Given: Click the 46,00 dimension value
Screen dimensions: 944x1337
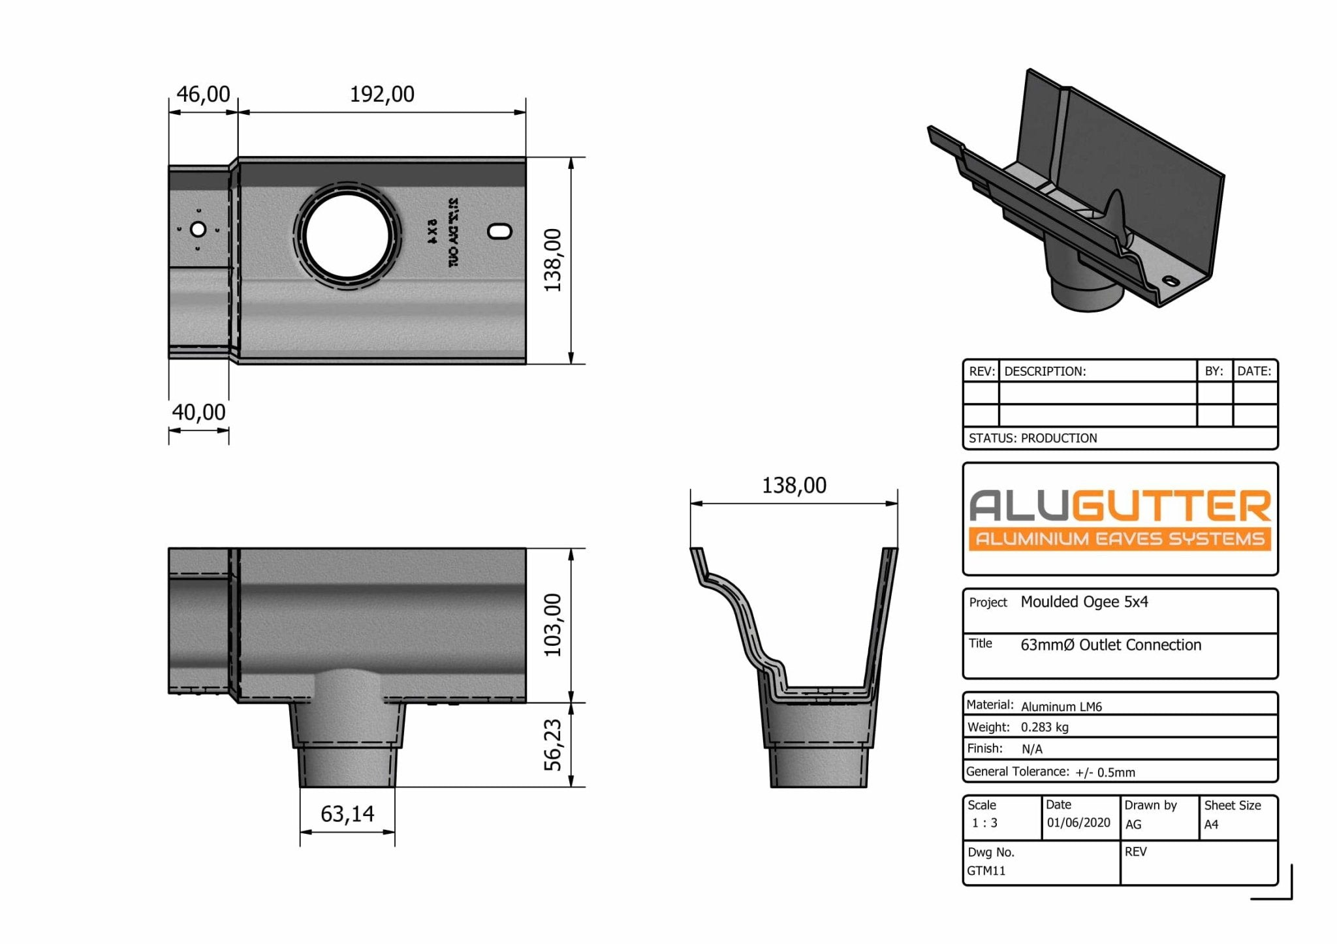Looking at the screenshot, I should pos(203,95).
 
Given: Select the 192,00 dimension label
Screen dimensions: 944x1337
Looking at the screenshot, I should pos(382,95).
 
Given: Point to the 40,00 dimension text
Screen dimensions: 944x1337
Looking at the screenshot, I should pos(198,412).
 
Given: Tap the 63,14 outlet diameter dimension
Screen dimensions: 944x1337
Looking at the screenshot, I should pos(347,814).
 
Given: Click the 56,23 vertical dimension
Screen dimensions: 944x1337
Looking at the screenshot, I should pos(553,744).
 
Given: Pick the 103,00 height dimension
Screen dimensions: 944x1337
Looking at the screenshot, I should pos(553,625).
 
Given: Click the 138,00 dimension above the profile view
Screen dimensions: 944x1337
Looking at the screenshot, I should pos(794,485).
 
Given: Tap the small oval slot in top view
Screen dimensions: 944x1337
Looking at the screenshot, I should pos(500,231).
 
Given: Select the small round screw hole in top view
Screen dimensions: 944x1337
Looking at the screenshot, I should pos(198,230).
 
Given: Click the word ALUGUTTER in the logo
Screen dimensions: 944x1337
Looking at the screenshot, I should pos(1120,506).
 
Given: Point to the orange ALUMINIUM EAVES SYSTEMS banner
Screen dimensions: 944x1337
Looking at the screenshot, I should pos(1120,539).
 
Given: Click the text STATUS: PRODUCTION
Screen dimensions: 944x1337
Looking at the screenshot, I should pos(1033,438).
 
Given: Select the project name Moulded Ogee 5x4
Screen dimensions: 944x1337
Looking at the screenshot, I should pos(1084,602).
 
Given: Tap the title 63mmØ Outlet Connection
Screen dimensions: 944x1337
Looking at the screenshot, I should pos(1110,645).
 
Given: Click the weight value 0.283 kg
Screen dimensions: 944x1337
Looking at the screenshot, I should pos(1045,727).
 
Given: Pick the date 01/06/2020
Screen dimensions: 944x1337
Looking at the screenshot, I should pos(1078,823).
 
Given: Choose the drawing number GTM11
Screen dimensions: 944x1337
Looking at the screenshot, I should pos(986,871).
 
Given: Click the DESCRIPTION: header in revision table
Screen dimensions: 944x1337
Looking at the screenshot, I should pos(1045,372).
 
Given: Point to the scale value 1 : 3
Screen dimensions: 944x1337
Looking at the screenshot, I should pos(984,823).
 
